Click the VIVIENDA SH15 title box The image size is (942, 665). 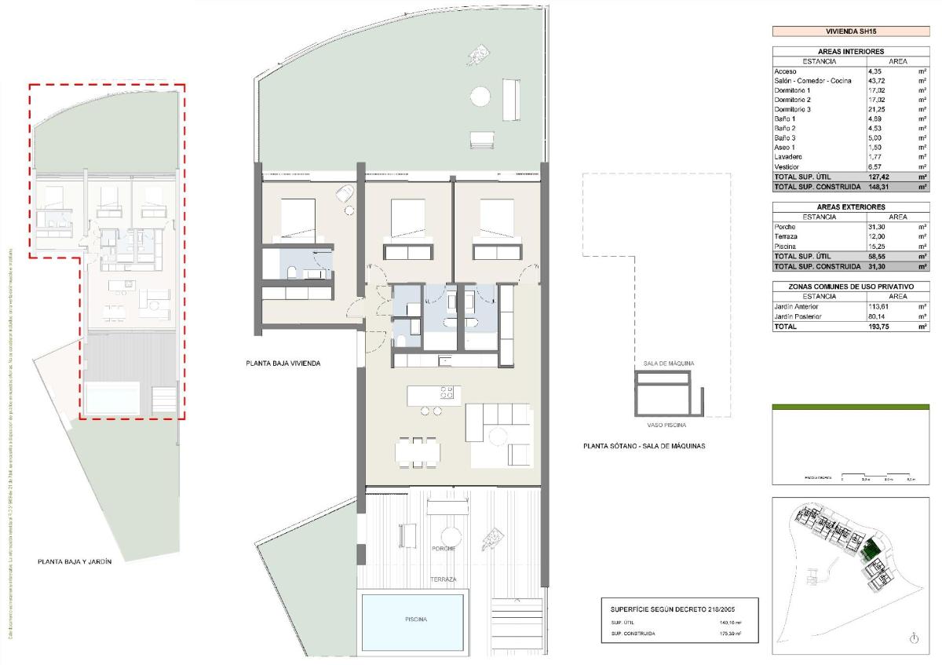click(x=851, y=32)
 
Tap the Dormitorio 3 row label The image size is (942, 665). click(x=792, y=109)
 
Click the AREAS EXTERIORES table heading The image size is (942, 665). click(x=851, y=207)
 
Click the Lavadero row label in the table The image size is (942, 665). click(x=789, y=156)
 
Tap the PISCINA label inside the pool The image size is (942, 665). click(x=416, y=619)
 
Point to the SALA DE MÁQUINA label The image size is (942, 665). click(x=668, y=364)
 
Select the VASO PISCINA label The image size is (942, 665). click(x=666, y=425)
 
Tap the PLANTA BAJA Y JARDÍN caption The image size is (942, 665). click(x=75, y=561)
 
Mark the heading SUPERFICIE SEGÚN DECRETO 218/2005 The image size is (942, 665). click(x=673, y=608)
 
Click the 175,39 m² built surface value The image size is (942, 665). click(x=731, y=633)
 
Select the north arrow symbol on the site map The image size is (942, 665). click(x=913, y=639)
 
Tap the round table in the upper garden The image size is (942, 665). click(x=480, y=97)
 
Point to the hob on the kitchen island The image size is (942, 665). click(x=446, y=393)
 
